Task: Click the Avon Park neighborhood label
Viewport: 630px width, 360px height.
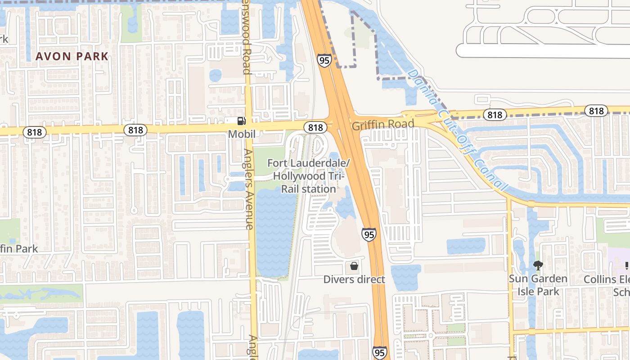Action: (x=72, y=57)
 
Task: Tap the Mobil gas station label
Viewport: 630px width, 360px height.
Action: (x=242, y=134)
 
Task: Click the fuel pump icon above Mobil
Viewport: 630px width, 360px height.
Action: (x=242, y=121)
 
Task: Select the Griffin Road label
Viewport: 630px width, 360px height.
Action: (x=382, y=125)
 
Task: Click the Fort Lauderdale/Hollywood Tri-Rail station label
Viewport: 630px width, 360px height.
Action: (x=309, y=176)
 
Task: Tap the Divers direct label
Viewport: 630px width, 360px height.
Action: (x=354, y=279)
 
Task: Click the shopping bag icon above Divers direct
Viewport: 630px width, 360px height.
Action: (x=354, y=266)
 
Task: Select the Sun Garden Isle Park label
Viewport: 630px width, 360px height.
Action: (x=538, y=285)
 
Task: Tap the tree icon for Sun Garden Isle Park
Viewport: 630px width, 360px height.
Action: (x=538, y=265)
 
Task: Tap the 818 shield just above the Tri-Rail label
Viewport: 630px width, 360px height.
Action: (x=315, y=127)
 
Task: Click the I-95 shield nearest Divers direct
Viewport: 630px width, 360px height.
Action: (x=369, y=234)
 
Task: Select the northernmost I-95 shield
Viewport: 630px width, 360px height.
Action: (x=324, y=60)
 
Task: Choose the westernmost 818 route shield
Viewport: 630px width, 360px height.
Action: (x=35, y=132)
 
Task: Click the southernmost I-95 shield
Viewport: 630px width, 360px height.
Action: (x=380, y=352)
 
